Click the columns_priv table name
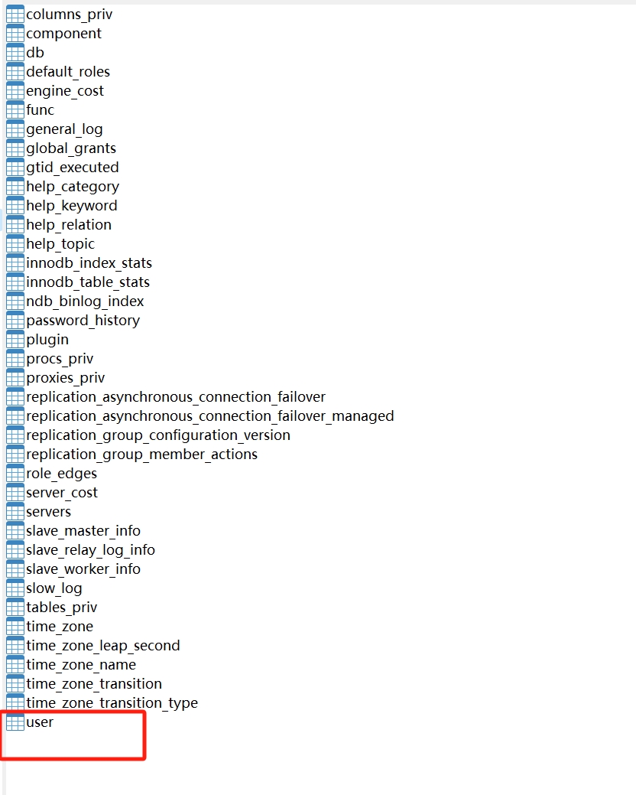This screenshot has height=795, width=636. click(69, 15)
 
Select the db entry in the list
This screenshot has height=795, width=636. click(35, 53)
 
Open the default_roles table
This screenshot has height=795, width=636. click(68, 72)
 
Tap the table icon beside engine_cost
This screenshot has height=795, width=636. click(15, 91)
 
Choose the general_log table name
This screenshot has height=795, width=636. click(64, 129)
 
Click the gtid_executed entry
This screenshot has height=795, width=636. click(73, 168)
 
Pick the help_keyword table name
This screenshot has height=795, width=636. click(72, 206)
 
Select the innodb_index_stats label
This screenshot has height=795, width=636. click(89, 263)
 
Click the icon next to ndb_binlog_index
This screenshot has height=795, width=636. click(15, 301)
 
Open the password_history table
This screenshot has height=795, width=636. click(83, 321)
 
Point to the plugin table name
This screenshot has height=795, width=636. click(47, 340)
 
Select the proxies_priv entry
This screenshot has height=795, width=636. click(66, 378)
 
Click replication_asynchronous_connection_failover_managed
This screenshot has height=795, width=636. click(210, 416)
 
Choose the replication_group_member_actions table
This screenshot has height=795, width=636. click(141, 455)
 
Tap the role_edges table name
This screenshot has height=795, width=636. click(61, 474)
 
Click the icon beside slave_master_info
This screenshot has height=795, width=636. click(15, 531)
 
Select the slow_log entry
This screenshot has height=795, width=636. click(54, 588)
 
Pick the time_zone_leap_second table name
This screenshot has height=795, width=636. click(103, 646)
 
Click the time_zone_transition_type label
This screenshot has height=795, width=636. click(112, 703)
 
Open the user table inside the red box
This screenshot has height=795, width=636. click(40, 722)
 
